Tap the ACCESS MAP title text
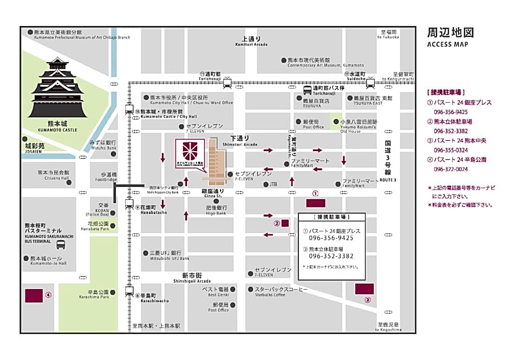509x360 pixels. [447, 44]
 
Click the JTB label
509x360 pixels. [273, 185]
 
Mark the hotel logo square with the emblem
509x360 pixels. [190, 153]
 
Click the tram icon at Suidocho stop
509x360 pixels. [370, 83]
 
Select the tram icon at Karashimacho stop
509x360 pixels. [129, 291]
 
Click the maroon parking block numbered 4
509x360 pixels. [34, 296]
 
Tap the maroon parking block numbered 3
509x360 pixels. [364, 289]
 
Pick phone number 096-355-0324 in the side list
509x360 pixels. [451, 150]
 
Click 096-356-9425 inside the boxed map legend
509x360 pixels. [331, 238]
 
